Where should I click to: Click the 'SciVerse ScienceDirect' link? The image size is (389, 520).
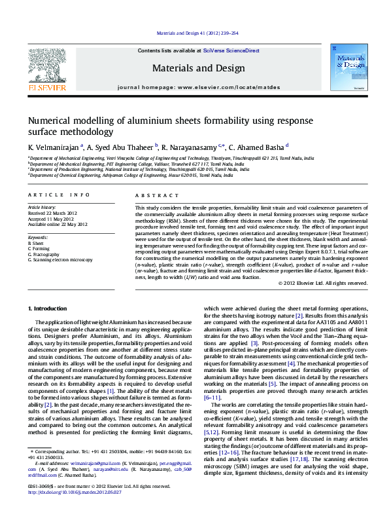click(231, 50)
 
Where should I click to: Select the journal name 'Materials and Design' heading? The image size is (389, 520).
click(194, 67)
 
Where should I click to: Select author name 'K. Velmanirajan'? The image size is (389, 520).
click(52, 147)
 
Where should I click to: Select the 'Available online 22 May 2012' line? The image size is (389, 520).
click(60, 224)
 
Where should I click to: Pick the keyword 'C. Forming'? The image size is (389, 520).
click(39, 249)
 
